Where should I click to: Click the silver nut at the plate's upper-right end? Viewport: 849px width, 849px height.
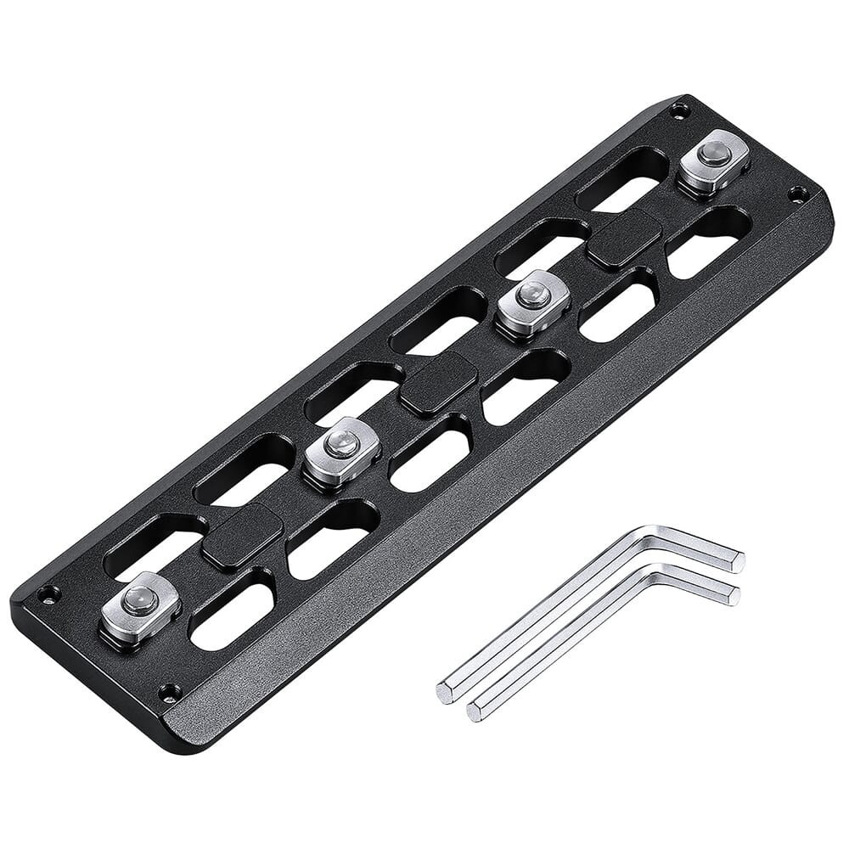click(714, 158)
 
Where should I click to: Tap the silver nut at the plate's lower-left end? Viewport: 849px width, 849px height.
click(140, 604)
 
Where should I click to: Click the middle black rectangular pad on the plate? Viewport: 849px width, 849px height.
click(438, 384)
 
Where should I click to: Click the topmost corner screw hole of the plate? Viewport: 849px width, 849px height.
click(677, 110)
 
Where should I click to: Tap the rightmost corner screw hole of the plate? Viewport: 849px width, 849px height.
click(796, 194)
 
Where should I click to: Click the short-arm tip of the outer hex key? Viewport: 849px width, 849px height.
click(736, 560)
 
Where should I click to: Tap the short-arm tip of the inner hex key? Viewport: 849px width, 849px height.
click(731, 594)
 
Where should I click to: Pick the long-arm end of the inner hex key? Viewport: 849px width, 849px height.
click(475, 711)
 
